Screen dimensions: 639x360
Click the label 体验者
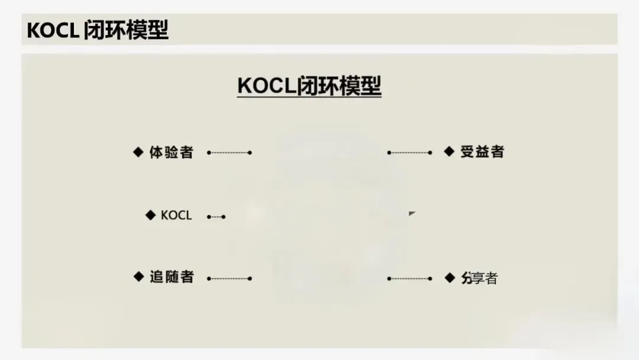pos(171,152)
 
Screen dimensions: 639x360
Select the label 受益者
pos(482,152)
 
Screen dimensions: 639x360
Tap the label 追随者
pos(172,277)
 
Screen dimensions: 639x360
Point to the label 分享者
pos(480,278)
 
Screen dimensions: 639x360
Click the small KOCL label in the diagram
pos(176,216)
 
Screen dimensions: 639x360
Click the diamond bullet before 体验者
pos(138,152)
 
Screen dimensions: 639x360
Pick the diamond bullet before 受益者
pos(450,151)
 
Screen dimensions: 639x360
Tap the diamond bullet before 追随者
pos(139,277)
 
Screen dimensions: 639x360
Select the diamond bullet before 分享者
pos(450,277)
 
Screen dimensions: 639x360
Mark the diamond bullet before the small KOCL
pos(151,215)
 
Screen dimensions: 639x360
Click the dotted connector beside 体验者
pos(230,153)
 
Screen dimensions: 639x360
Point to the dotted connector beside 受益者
pos(409,153)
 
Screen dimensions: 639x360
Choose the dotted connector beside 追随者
pos(230,278)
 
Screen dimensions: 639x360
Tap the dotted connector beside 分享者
pos(409,278)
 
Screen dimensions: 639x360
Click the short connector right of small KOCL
pos(216,217)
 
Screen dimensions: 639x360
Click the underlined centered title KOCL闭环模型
pos(309,86)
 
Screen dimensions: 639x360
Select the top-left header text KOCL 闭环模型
pos(98,30)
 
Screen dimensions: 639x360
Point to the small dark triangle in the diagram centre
pos(412,213)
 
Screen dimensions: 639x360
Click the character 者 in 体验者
pos(186,152)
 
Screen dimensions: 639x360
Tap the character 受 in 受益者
pos(467,152)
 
